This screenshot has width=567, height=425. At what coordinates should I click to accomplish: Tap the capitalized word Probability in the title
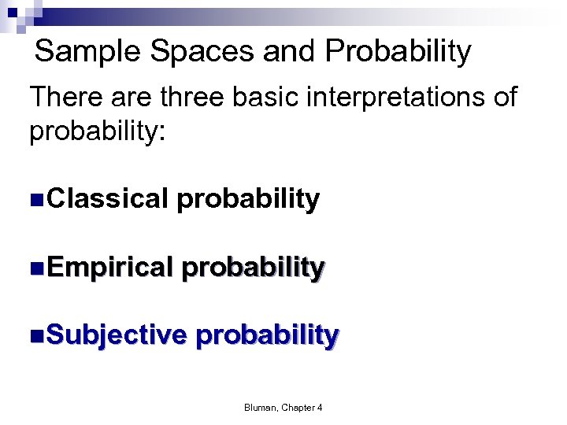(398, 53)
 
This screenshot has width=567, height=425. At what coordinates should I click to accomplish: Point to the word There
(65, 98)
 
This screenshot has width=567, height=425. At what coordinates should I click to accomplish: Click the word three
(197, 98)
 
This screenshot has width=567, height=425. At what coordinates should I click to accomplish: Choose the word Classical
(108, 199)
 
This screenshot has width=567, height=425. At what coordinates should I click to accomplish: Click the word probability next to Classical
(248, 200)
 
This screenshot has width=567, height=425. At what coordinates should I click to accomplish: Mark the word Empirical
(109, 268)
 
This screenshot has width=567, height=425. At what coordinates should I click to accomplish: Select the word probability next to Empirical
(253, 268)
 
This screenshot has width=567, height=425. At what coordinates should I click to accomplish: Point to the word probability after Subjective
(267, 335)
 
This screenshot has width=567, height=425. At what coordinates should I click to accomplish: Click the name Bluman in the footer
(260, 407)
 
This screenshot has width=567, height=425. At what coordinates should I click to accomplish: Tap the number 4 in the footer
(320, 407)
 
